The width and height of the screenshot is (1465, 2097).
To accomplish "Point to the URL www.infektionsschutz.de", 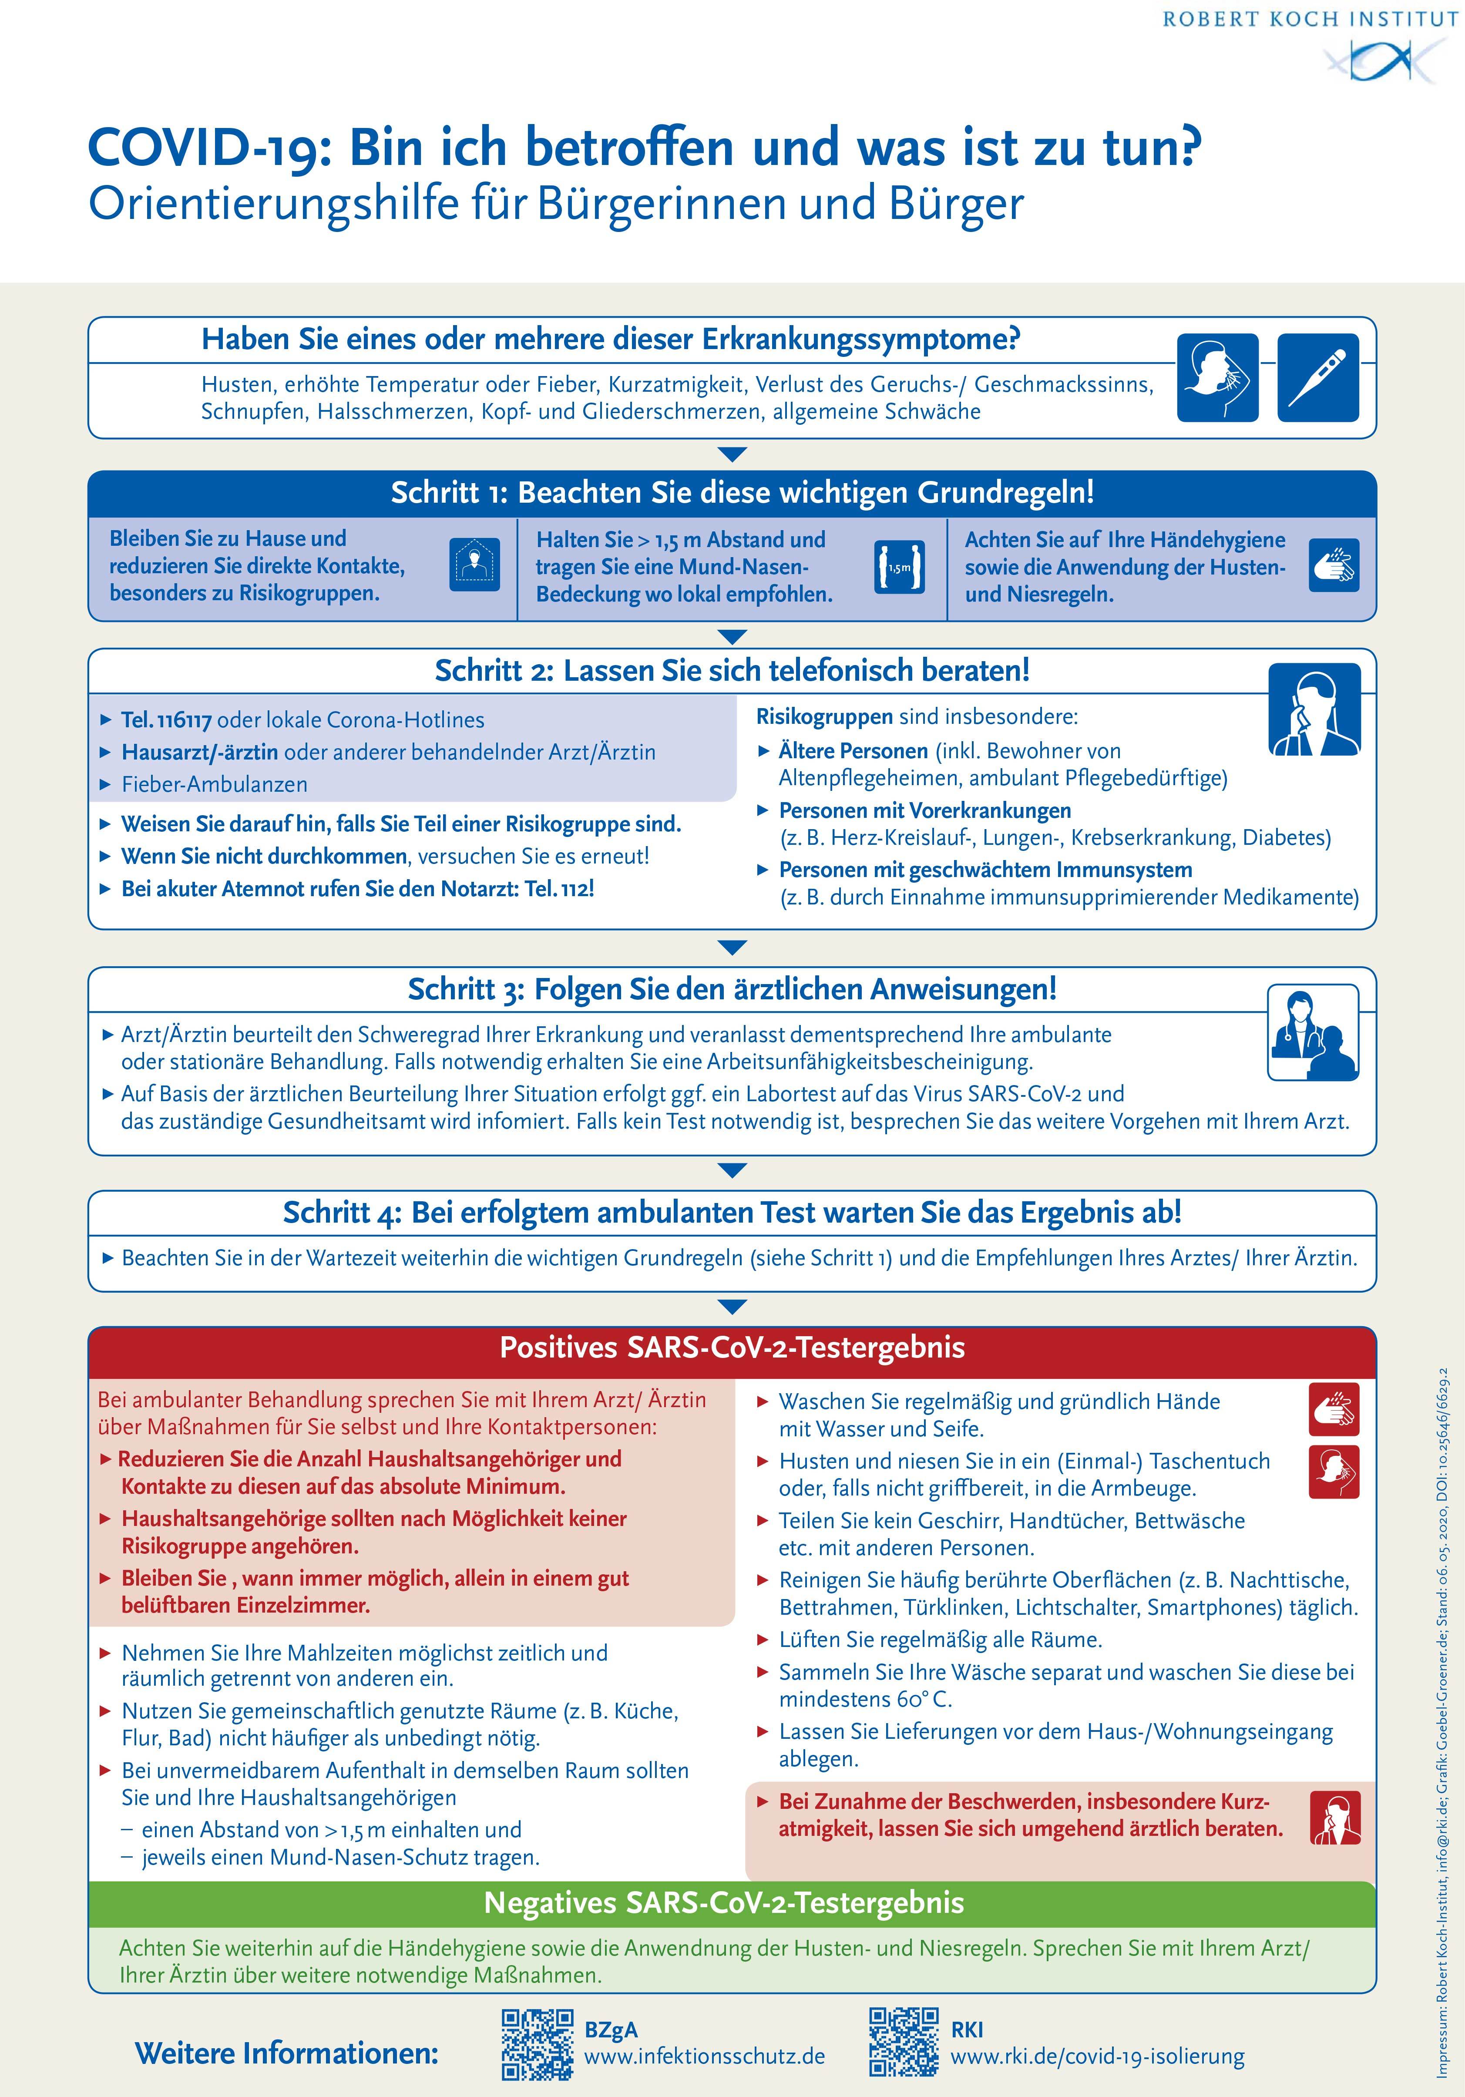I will pos(704,2056).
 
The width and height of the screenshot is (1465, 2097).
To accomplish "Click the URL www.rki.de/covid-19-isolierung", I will pos(1097,2056).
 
